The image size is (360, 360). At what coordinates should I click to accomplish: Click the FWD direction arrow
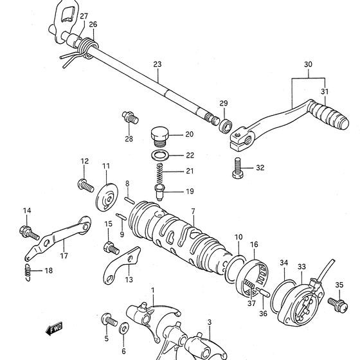pyautogui.click(x=54, y=328)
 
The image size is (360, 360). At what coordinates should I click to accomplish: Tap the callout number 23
pyautogui.click(x=157, y=64)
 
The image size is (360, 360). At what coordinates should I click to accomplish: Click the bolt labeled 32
pyautogui.click(x=238, y=168)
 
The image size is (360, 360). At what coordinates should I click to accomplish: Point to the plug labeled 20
pyautogui.click(x=159, y=136)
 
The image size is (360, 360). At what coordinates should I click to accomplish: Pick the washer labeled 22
pyautogui.click(x=160, y=156)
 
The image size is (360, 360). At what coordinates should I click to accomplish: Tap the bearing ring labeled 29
pyautogui.click(x=226, y=126)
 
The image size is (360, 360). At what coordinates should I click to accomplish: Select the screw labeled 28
pyautogui.click(x=130, y=117)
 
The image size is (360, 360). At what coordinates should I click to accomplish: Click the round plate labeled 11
pyautogui.click(x=107, y=197)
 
